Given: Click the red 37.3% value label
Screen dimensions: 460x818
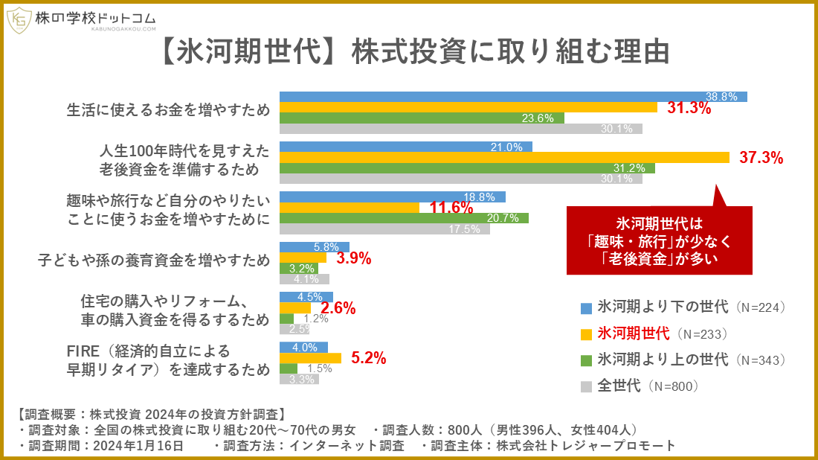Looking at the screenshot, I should pyautogui.click(x=761, y=157).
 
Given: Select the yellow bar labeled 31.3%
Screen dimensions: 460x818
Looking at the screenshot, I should pyautogui.click(x=468, y=107).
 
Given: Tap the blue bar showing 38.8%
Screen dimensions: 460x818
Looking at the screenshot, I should pyautogui.click(x=512, y=97).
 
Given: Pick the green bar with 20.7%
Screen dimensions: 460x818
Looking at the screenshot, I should pyautogui.click(x=403, y=218).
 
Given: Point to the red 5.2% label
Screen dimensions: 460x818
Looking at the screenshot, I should pyautogui.click(x=368, y=358).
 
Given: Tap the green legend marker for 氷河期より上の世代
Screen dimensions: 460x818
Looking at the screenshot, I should pyautogui.click(x=586, y=360).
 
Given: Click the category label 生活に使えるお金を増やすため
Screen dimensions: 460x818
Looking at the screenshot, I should pyautogui.click(x=168, y=111).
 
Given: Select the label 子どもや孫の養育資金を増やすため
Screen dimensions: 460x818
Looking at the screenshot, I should pyautogui.click(x=153, y=261).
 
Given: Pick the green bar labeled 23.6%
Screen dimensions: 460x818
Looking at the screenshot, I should pyautogui.click(x=421, y=118).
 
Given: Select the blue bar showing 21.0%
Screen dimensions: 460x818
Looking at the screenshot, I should pyautogui.click(x=405, y=147).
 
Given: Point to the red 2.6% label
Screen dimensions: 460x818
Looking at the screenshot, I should pyautogui.click(x=338, y=308).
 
